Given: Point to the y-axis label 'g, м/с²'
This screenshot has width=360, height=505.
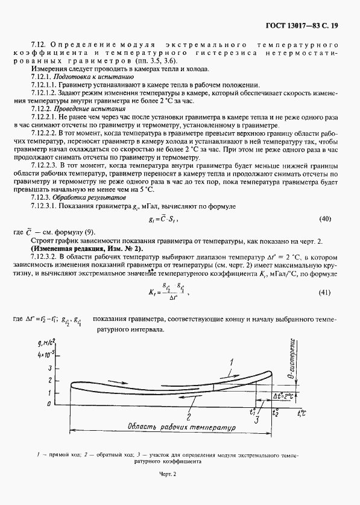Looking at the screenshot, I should pyautogui.click(x=46, y=343).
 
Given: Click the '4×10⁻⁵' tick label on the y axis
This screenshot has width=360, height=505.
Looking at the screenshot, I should pyautogui.click(x=46, y=356).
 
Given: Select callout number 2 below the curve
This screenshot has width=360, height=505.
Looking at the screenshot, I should pyautogui.click(x=189, y=417).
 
